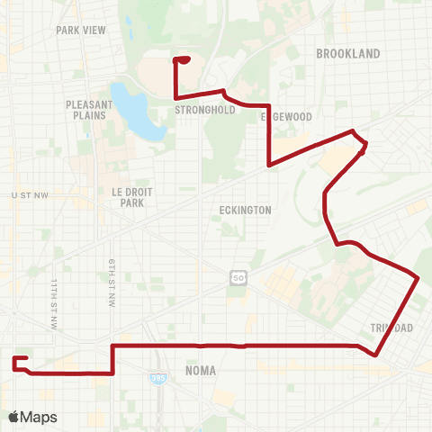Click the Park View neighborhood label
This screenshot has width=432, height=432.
click(x=81, y=30)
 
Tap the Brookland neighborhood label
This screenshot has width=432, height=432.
click(x=348, y=54)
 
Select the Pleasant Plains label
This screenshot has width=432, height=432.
click(x=87, y=110)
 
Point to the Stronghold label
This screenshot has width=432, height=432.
click(x=204, y=111)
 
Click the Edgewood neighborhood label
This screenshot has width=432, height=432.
click(x=285, y=117)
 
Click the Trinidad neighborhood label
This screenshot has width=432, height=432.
click(x=391, y=328)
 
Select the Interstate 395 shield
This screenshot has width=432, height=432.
click(x=157, y=379)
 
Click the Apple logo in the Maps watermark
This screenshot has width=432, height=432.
click(x=14, y=417)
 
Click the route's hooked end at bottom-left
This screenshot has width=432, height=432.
click(x=15, y=363)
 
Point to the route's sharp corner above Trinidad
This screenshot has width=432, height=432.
click(x=418, y=278)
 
